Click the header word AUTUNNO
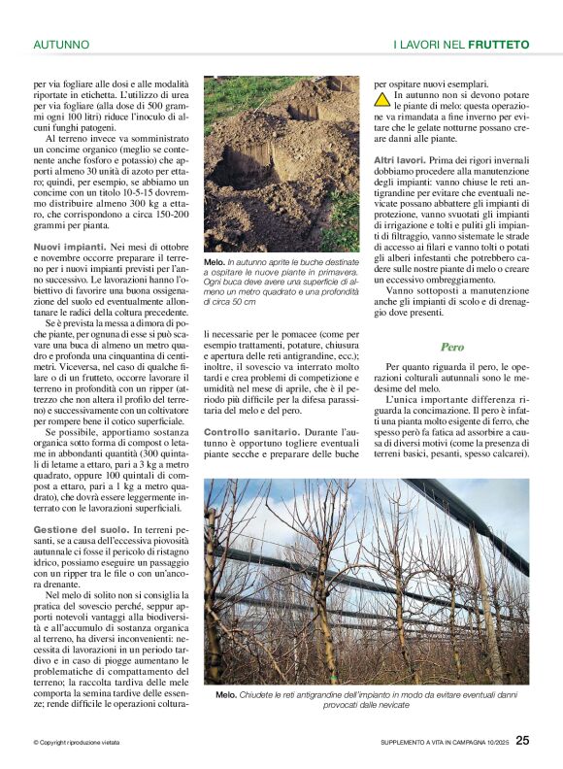pos(61,45)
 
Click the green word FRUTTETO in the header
pos(499,45)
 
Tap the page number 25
pos(522,741)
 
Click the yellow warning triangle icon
pos(383,98)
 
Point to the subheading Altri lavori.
pos(399,159)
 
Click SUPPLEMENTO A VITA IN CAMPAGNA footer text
pos(443,743)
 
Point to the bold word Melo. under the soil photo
pos(214,263)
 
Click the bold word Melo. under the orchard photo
pos(225,695)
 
